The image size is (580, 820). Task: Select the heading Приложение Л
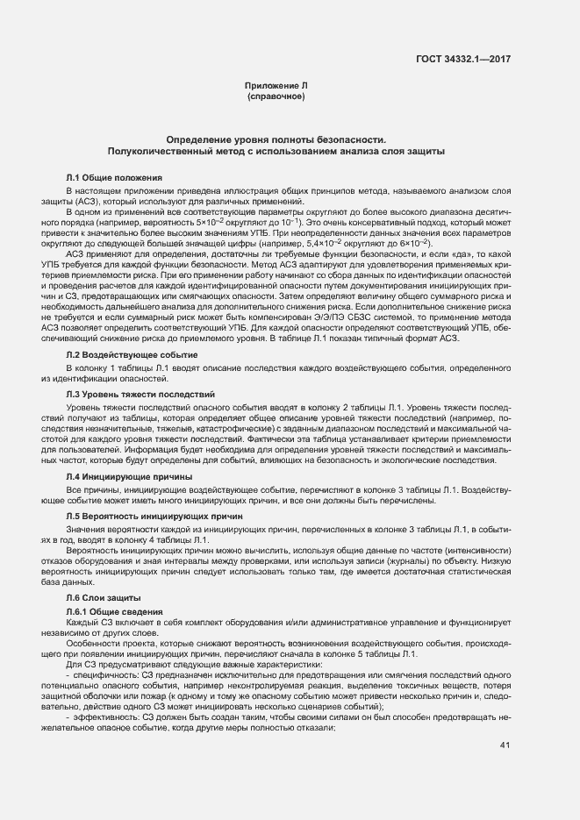(x=276, y=85)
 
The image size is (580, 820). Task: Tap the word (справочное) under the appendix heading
(x=276, y=96)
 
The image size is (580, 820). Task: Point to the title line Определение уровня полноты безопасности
(x=276, y=139)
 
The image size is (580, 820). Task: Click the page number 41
(x=505, y=745)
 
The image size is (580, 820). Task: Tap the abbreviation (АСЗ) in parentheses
(x=90, y=203)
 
